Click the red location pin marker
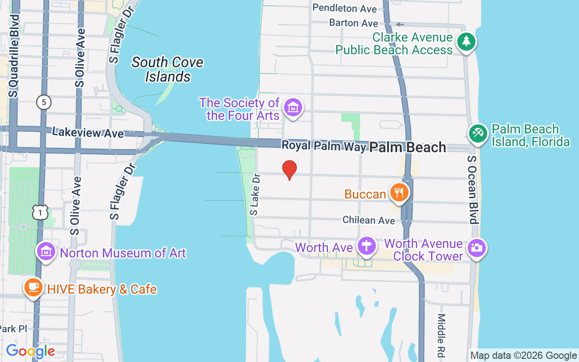(289, 170)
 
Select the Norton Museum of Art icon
(46, 252)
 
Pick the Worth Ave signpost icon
(366, 247)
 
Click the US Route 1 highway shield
(40, 212)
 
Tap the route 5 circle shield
(44, 103)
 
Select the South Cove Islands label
(167, 69)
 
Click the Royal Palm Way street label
(323, 146)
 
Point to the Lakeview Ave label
(87, 133)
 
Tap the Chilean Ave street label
(369, 220)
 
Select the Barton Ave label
(353, 23)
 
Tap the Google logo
(30, 351)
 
